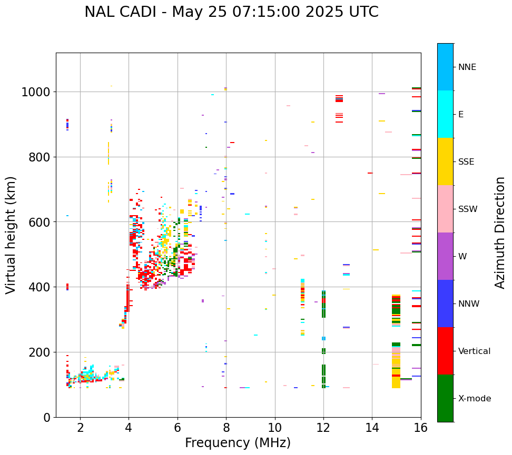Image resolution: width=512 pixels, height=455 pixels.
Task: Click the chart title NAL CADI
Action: pyautogui.click(x=231, y=12)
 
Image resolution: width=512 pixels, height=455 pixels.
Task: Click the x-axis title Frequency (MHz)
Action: pyautogui.click(x=238, y=443)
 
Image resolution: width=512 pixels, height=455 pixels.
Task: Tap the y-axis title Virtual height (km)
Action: pyautogui.click(x=12, y=235)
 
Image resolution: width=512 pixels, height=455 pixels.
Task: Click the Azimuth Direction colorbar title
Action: pyautogui.click(x=500, y=232)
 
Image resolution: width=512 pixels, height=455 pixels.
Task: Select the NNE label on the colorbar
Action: pyautogui.click(x=467, y=67)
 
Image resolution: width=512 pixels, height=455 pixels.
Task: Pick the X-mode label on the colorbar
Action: pyautogui.click(x=475, y=398)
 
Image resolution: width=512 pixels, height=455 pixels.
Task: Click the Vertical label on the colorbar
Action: pyautogui.click(x=474, y=351)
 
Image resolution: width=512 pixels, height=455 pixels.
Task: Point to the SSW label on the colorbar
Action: pyautogui.click(x=468, y=209)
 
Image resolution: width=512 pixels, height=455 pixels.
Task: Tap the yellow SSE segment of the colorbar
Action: pyautogui.click(x=445, y=161)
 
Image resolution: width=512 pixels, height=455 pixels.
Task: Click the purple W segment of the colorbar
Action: pyautogui.click(x=445, y=256)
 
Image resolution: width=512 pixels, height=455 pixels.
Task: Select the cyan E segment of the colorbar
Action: pyautogui.click(x=445, y=114)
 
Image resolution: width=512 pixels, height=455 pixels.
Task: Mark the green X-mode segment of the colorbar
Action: pyautogui.click(x=445, y=398)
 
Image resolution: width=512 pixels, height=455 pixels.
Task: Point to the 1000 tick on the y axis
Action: pyautogui.click(x=35, y=92)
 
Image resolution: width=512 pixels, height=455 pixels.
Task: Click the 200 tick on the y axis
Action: pyautogui.click(x=39, y=352)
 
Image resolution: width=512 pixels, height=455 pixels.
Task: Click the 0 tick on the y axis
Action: pyautogui.click(x=46, y=417)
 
